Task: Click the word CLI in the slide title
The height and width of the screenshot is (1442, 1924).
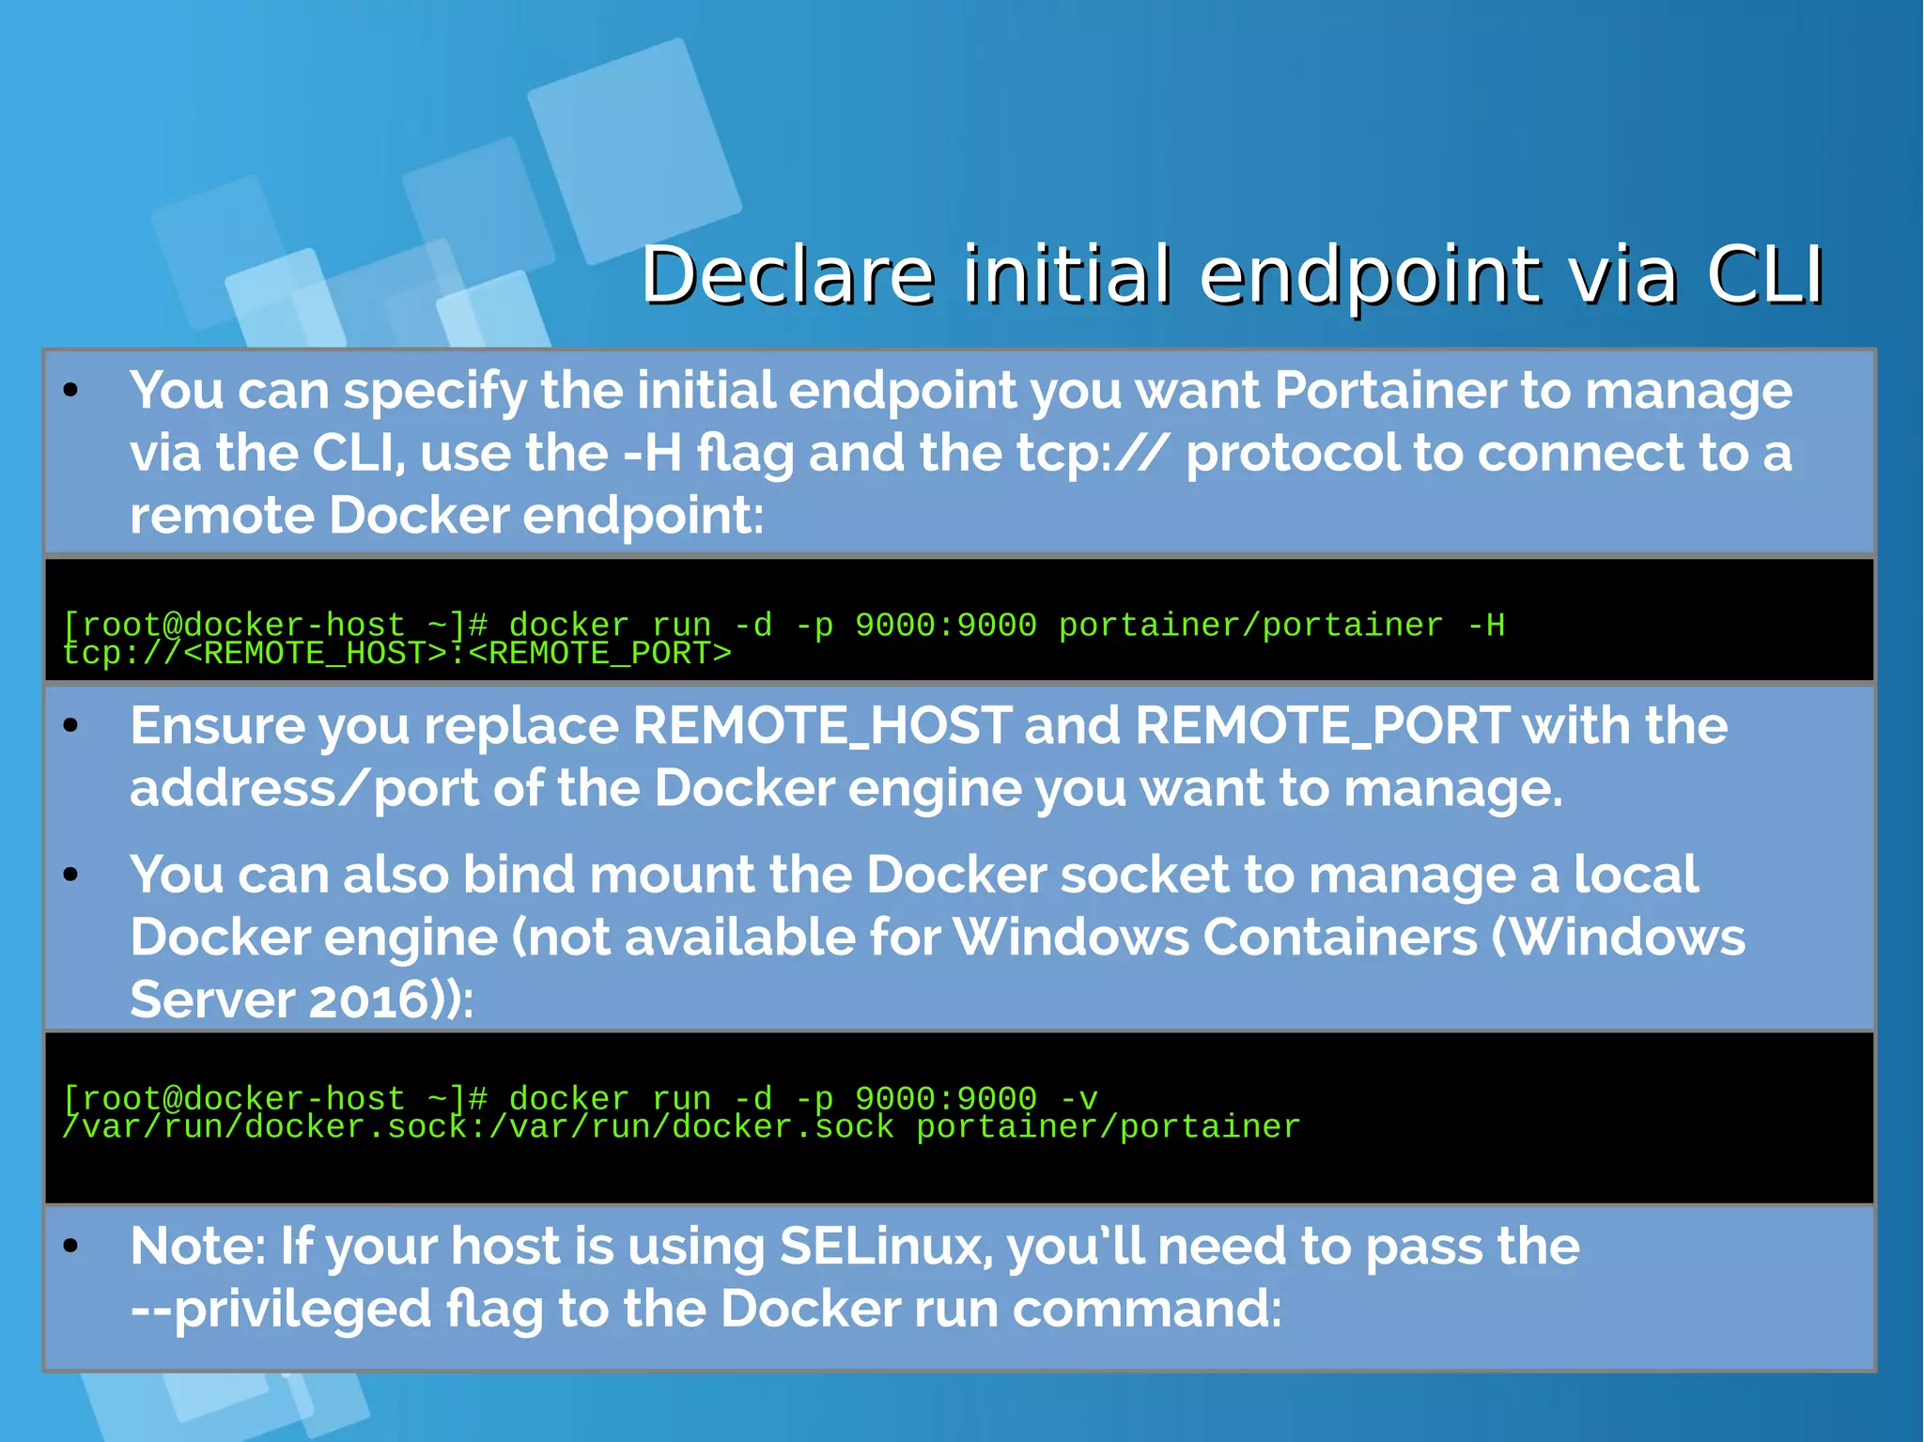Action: pos(1764,276)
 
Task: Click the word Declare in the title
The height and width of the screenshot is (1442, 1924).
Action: pos(787,276)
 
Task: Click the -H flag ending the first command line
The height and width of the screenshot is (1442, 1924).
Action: pos(1485,625)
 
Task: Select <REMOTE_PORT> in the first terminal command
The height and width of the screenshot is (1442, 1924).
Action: pos(599,653)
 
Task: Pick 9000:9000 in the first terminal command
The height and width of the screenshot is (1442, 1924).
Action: pos(945,625)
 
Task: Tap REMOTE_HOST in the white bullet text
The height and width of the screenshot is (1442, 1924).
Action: pos(822,725)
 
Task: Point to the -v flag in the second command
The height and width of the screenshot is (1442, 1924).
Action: pos(1078,1098)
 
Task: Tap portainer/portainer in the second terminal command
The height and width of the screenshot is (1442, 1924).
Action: pos(1108,1126)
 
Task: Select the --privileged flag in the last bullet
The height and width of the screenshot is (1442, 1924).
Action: pos(281,1310)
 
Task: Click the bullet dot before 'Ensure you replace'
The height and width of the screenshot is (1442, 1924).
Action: pos(71,726)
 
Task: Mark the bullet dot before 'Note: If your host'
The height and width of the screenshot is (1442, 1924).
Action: pos(71,1247)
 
